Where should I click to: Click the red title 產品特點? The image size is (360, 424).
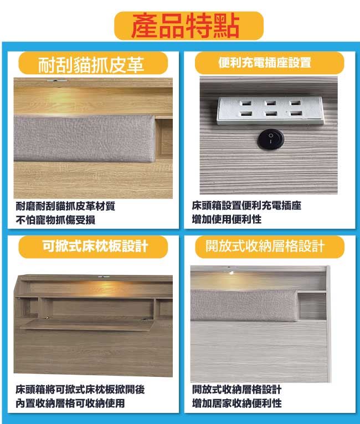[x=186, y=26]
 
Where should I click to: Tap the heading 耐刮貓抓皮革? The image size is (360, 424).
[x=91, y=65]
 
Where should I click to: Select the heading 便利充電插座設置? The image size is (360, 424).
[x=265, y=63]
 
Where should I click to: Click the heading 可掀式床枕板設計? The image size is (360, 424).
[x=95, y=246]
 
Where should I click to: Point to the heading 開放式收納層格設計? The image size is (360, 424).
[x=265, y=246]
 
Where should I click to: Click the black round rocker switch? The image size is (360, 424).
[x=270, y=140]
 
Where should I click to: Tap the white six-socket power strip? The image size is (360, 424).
[x=270, y=111]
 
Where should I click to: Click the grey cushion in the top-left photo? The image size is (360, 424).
[x=84, y=138]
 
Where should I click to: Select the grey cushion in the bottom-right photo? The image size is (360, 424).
[x=244, y=305]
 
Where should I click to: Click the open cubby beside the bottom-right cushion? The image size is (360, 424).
[x=312, y=305]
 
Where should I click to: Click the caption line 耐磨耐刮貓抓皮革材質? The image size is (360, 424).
[x=65, y=206]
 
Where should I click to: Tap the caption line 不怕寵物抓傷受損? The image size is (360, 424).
[x=55, y=220]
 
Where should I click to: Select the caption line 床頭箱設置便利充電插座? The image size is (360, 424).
[x=246, y=206]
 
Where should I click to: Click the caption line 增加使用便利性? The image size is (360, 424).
[x=227, y=219]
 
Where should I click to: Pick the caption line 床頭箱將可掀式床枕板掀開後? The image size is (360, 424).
[x=80, y=390]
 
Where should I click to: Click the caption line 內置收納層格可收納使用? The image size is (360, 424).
[x=70, y=403]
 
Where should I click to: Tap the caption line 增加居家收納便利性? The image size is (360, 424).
[x=236, y=403]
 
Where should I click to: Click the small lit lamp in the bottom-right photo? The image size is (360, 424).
[x=232, y=273]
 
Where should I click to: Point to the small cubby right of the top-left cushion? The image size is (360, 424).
[x=164, y=137]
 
